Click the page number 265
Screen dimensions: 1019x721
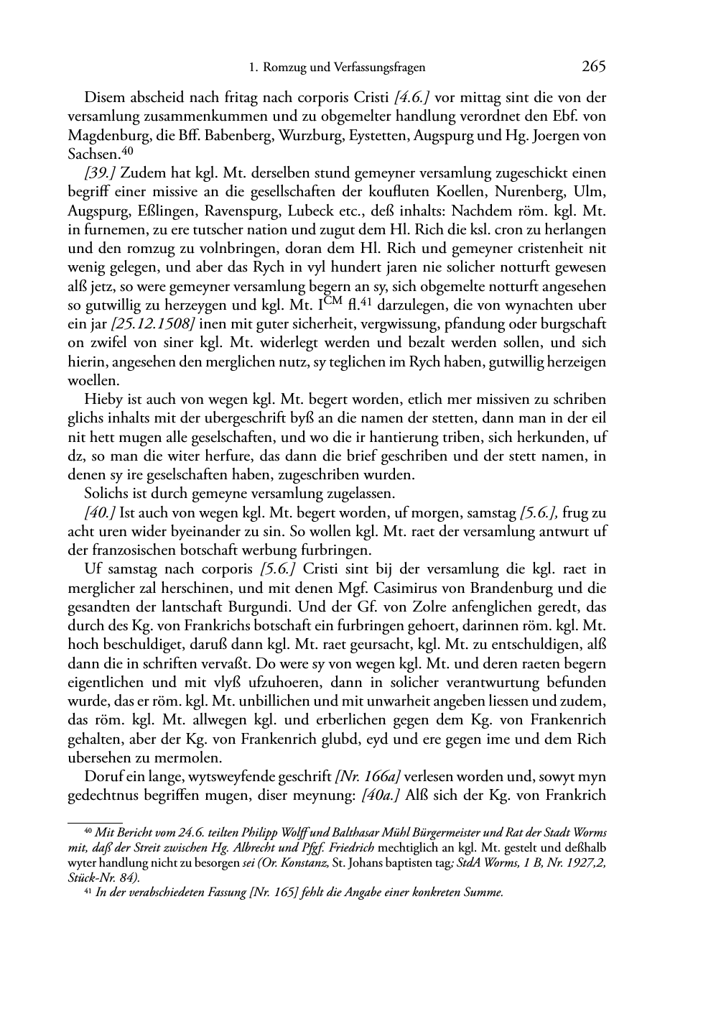(594, 67)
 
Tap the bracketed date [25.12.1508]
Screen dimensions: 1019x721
(153, 324)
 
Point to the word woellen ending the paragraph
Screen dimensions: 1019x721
(93, 381)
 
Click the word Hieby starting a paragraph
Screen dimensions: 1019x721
(103, 400)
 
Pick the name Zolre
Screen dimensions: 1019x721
(408, 607)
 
